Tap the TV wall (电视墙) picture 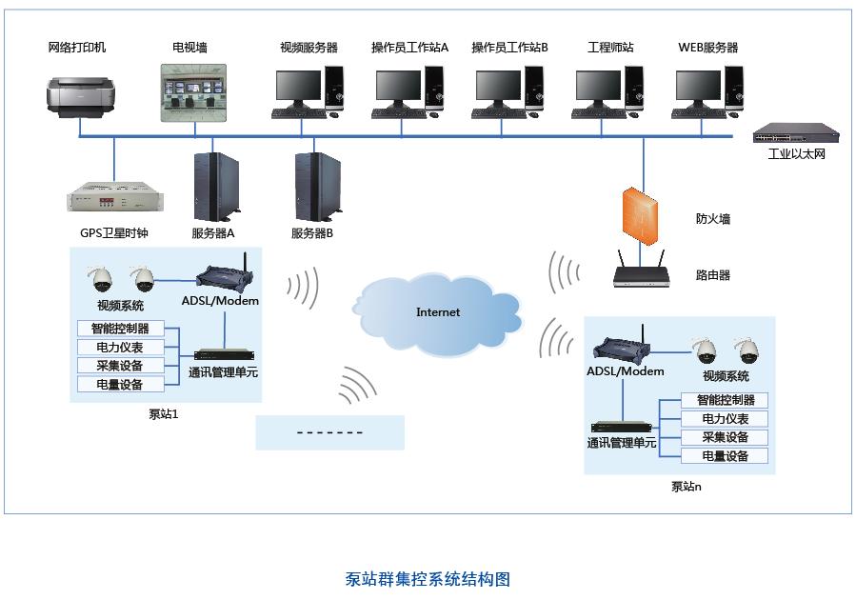[194, 93]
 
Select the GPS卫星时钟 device [114, 200]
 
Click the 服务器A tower [216, 187]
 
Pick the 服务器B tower [314, 187]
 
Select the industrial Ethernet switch [788, 133]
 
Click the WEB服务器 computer [706, 92]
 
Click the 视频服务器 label [309, 48]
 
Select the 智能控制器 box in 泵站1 [120, 330]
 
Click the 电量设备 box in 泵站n [725, 456]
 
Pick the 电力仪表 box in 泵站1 [120, 348]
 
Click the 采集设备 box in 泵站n [725, 438]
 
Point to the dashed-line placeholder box [329, 432]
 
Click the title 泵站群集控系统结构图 [428, 579]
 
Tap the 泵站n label [686, 487]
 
